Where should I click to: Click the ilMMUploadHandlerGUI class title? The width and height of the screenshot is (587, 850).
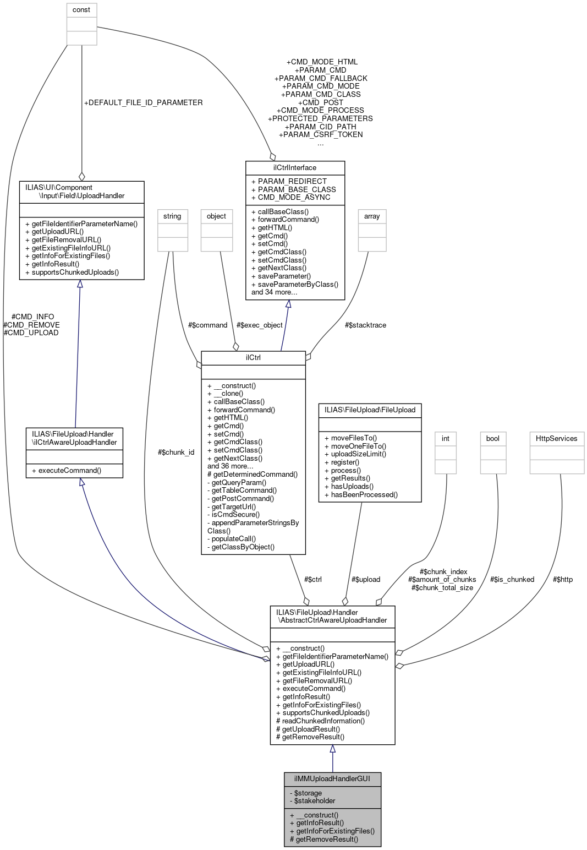click(332, 779)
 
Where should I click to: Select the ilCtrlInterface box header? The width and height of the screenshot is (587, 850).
click(295, 168)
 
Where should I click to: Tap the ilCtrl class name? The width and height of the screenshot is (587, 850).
click(253, 358)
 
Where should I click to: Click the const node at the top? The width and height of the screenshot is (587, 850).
click(81, 10)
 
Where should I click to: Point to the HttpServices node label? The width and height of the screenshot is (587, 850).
click(557, 439)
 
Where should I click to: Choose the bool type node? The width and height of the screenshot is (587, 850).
click(493, 439)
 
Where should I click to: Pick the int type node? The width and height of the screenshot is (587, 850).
click(446, 439)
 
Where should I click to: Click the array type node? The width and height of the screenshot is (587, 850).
click(372, 216)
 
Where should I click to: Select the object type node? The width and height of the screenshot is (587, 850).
click(216, 216)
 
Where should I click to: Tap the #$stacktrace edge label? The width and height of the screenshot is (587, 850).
click(365, 325)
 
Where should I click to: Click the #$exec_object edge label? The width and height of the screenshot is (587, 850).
click(259, 325)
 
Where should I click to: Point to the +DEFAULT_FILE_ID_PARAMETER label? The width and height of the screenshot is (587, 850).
click(143, 103)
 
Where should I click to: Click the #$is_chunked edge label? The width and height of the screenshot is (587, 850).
click(512, 580)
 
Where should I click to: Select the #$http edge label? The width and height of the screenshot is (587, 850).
click(562, 580)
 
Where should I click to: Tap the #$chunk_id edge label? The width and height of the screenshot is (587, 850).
click(176, 453)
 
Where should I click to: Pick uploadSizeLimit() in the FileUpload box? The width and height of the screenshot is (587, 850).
click(355, 454)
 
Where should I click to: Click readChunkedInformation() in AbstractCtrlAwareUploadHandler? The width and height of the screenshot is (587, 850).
click(320, 721)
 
